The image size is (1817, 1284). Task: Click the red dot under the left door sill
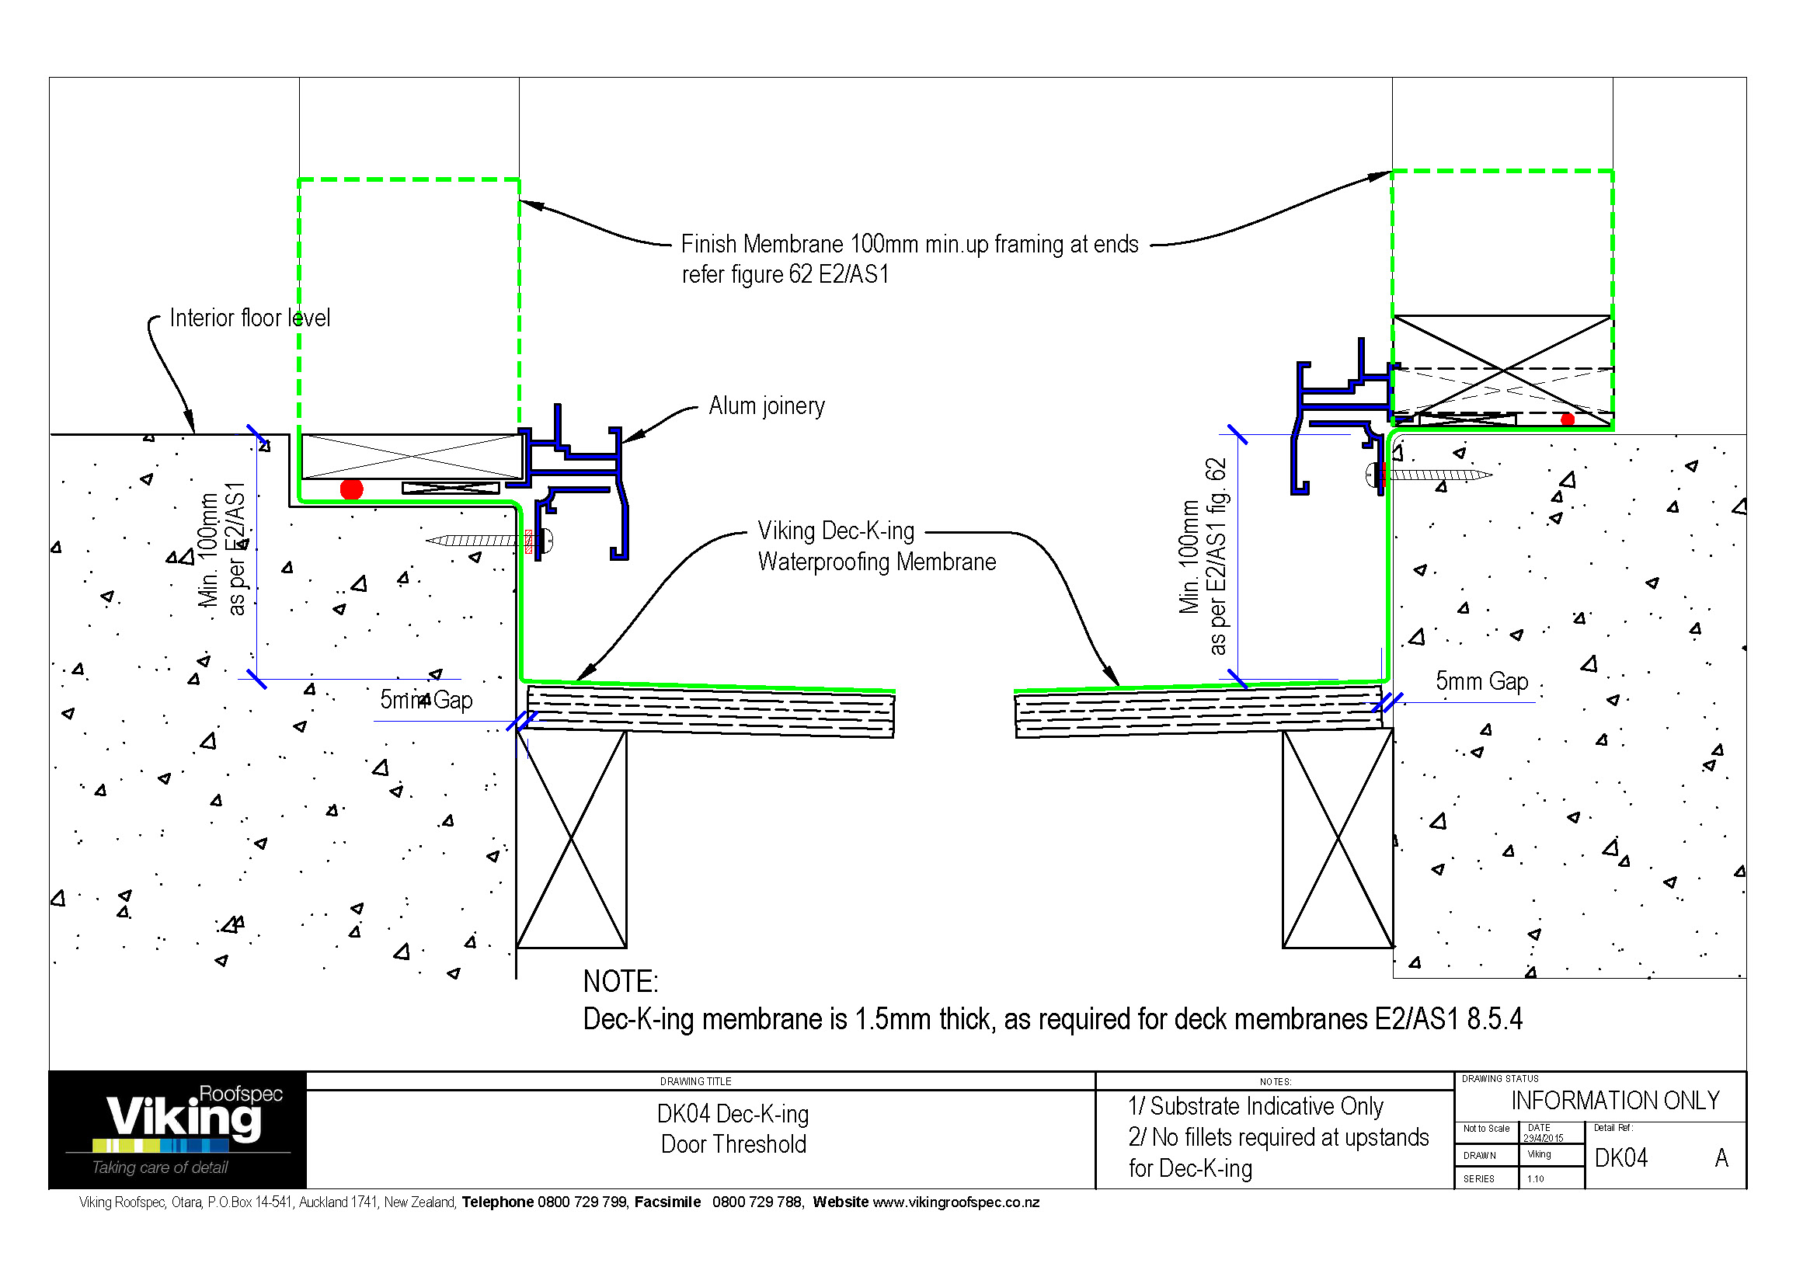351,489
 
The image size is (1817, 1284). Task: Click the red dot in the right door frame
1567,419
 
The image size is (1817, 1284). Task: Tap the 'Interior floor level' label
249,318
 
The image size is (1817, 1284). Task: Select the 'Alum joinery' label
766,405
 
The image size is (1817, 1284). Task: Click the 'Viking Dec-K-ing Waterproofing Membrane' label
876,546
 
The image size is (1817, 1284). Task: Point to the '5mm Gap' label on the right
1481,681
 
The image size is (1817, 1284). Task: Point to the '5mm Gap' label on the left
426,700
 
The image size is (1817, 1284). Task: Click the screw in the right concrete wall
1432,475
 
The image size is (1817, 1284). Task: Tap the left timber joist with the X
572,839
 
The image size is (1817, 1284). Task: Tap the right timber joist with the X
1338,839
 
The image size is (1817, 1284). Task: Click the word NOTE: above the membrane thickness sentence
621,982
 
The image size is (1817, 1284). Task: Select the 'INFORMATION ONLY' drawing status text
1615,1101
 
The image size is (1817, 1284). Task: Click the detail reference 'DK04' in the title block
1620,1158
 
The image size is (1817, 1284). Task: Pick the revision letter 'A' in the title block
1721,1158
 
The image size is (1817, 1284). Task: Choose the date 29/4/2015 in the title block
1544,1138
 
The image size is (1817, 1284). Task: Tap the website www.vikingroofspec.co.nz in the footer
956,1202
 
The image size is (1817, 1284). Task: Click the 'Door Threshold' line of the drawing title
733,1144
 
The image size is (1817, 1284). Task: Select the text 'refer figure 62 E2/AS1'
785,274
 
